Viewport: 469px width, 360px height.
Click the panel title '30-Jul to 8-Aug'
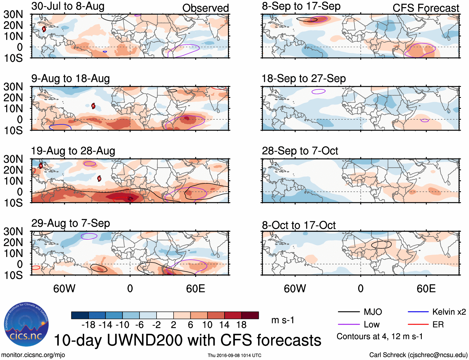point(68,6)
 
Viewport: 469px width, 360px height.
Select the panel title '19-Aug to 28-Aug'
point(73,151)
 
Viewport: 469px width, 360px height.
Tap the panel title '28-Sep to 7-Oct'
point(300,151)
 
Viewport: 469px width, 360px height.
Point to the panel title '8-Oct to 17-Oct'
point(298,225)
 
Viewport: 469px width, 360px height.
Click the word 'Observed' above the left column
point(205,8)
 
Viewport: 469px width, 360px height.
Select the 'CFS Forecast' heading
point(426,8)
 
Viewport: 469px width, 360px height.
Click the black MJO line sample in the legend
point(348,312)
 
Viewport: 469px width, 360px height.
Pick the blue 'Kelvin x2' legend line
point(418,312)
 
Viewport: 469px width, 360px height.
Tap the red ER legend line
point(418,325)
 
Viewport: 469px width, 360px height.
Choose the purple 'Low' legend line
point(348,325)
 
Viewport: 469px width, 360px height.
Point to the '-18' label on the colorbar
point(89,325)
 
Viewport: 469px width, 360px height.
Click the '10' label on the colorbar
point(207,325)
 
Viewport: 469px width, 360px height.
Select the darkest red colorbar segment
point(250,315)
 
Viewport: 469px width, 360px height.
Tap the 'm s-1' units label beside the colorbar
point(283,320)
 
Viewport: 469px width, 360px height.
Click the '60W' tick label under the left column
point(64,288)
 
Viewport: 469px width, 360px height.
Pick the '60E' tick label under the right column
point(426,288)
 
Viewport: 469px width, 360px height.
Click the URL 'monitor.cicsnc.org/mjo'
point(33,355)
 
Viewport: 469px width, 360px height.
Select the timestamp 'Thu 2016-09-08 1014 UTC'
point(234,355)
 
